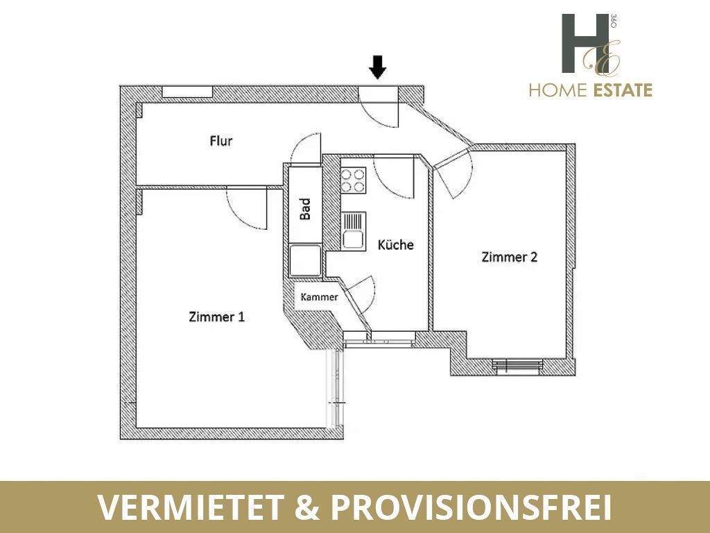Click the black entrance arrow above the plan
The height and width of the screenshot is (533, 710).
(377, 67)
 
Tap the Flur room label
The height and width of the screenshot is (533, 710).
(221, 141)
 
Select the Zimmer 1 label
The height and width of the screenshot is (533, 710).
(216, 317)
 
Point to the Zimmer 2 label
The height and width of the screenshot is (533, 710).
(510, 257)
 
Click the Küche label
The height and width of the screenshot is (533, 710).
(395, 245)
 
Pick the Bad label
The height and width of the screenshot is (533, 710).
(305, 209)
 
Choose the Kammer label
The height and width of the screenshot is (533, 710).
(319, 297)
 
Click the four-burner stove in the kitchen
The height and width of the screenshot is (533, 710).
(353, 180)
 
